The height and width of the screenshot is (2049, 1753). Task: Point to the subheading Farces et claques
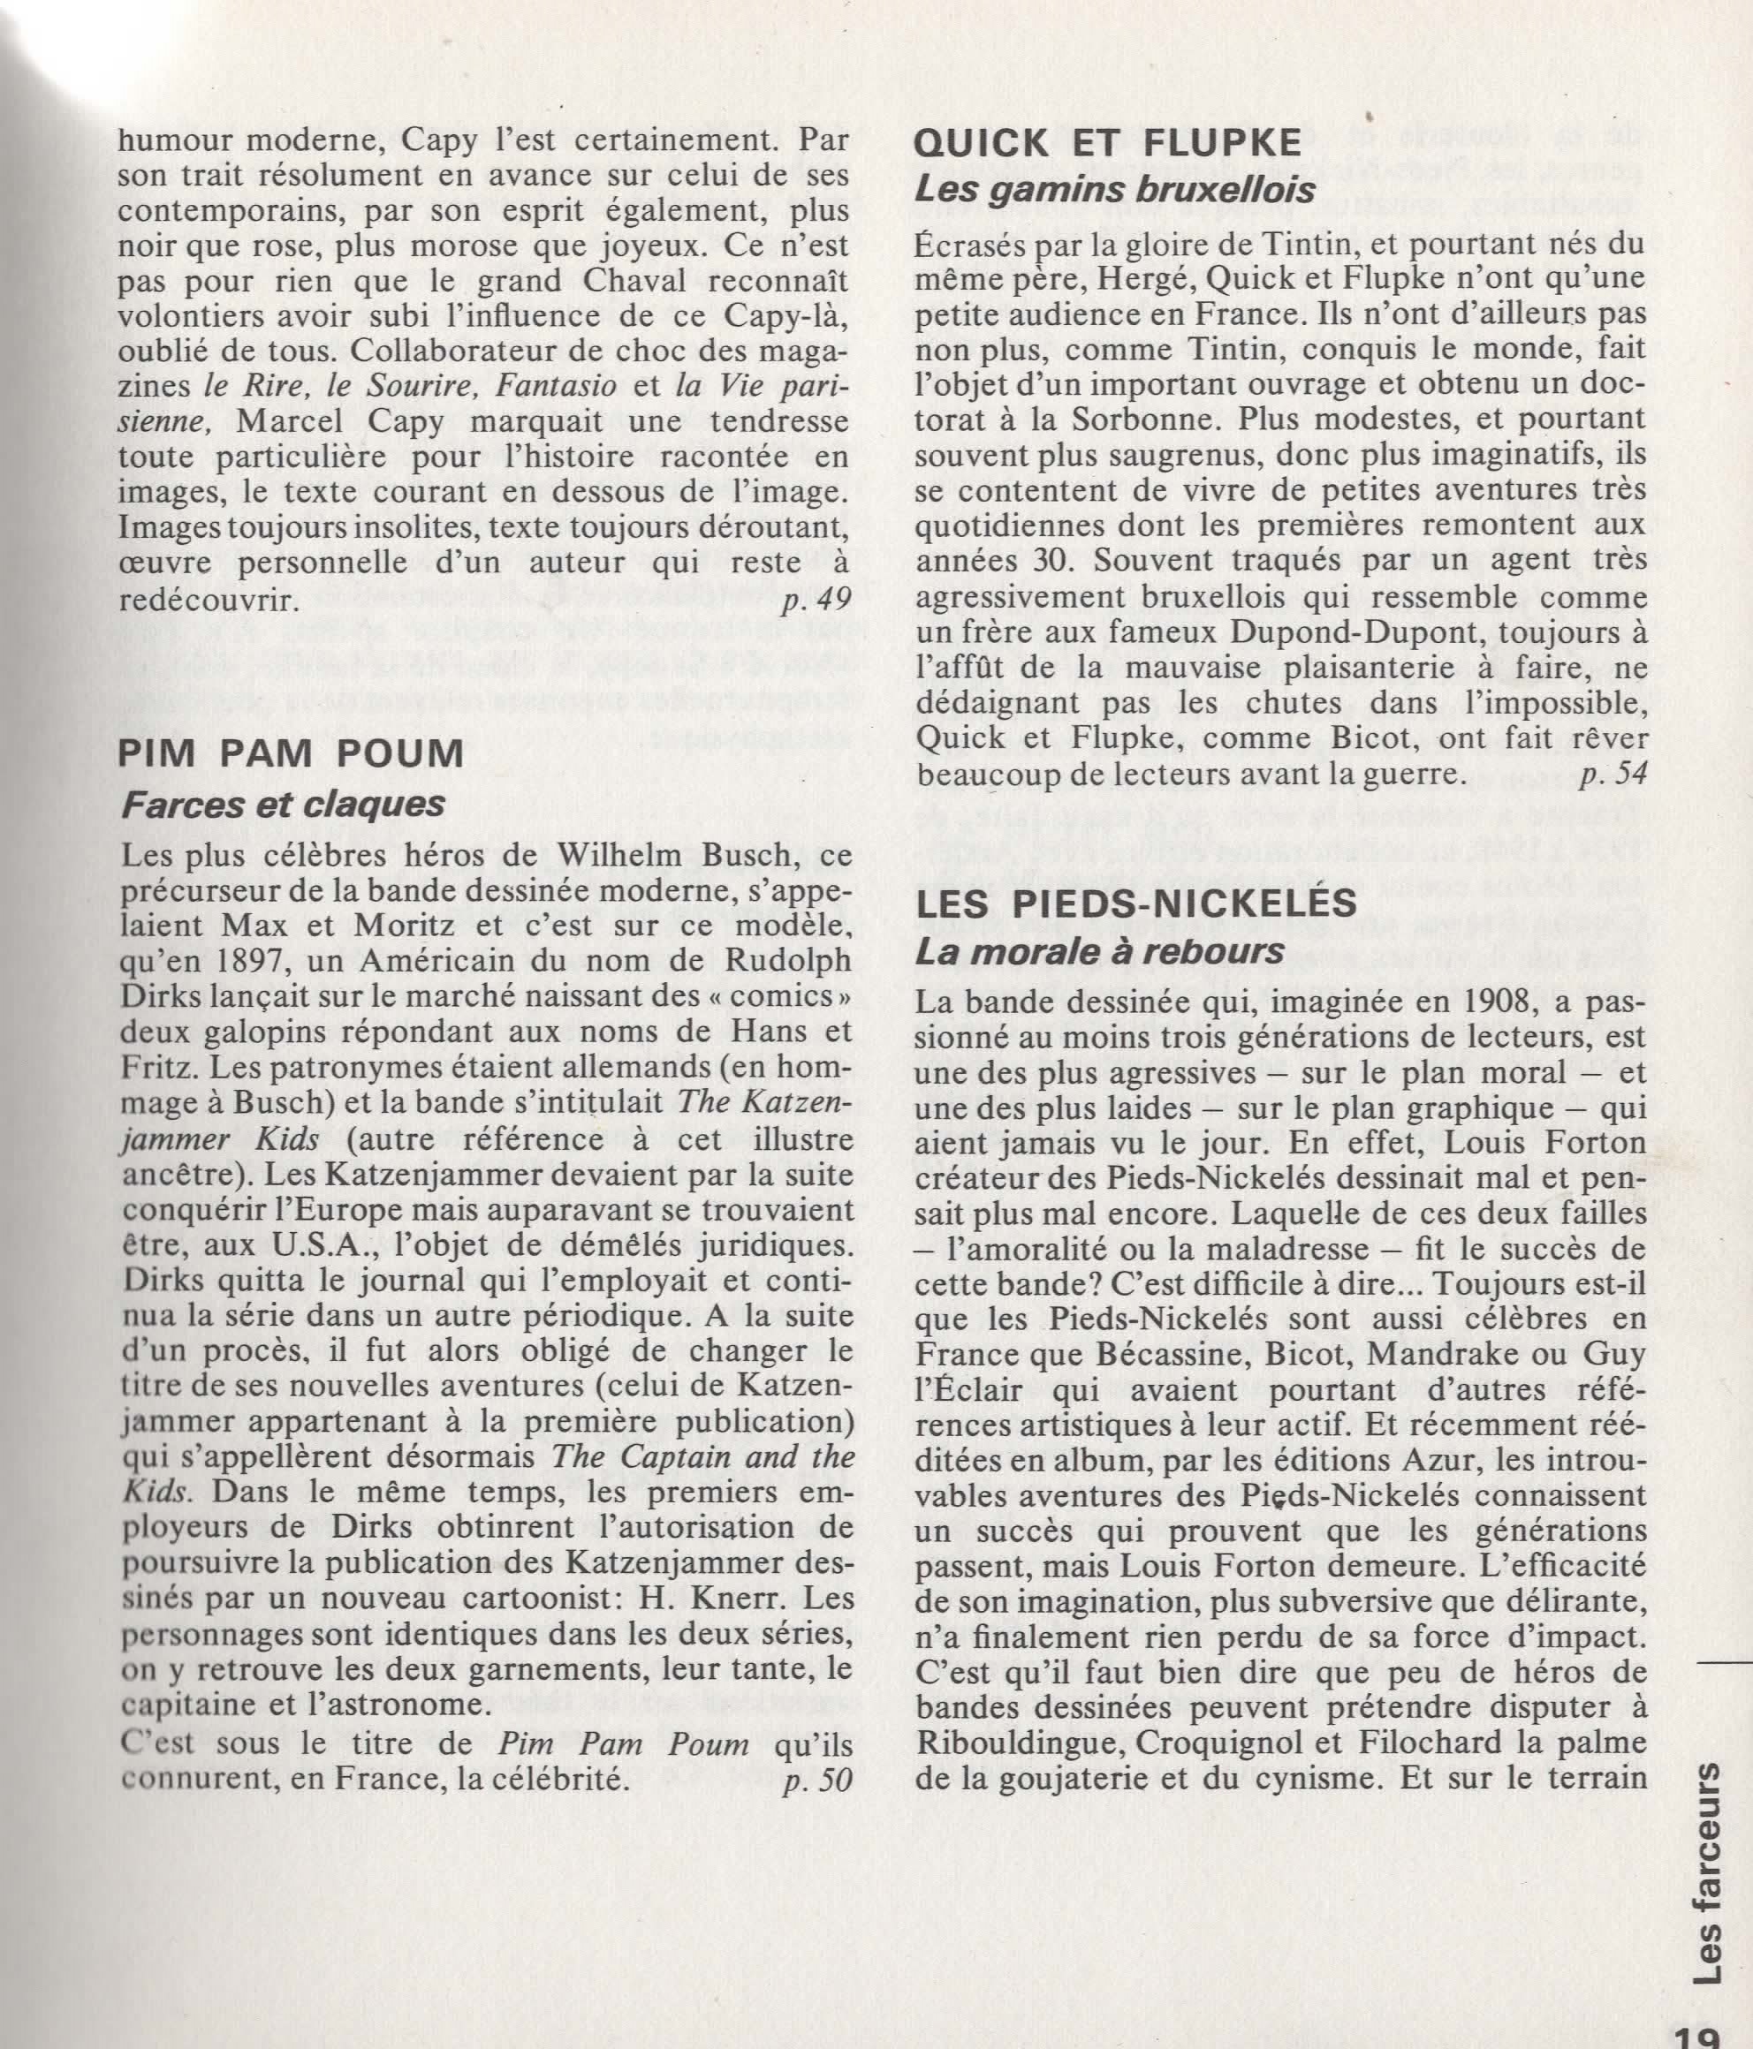pos(282,805)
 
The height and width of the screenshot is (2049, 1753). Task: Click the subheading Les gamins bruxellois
pos(1115,190)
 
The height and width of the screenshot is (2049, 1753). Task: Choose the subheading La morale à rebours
pos(1099,952)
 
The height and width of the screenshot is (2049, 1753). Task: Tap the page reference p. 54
pos(1613,776)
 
